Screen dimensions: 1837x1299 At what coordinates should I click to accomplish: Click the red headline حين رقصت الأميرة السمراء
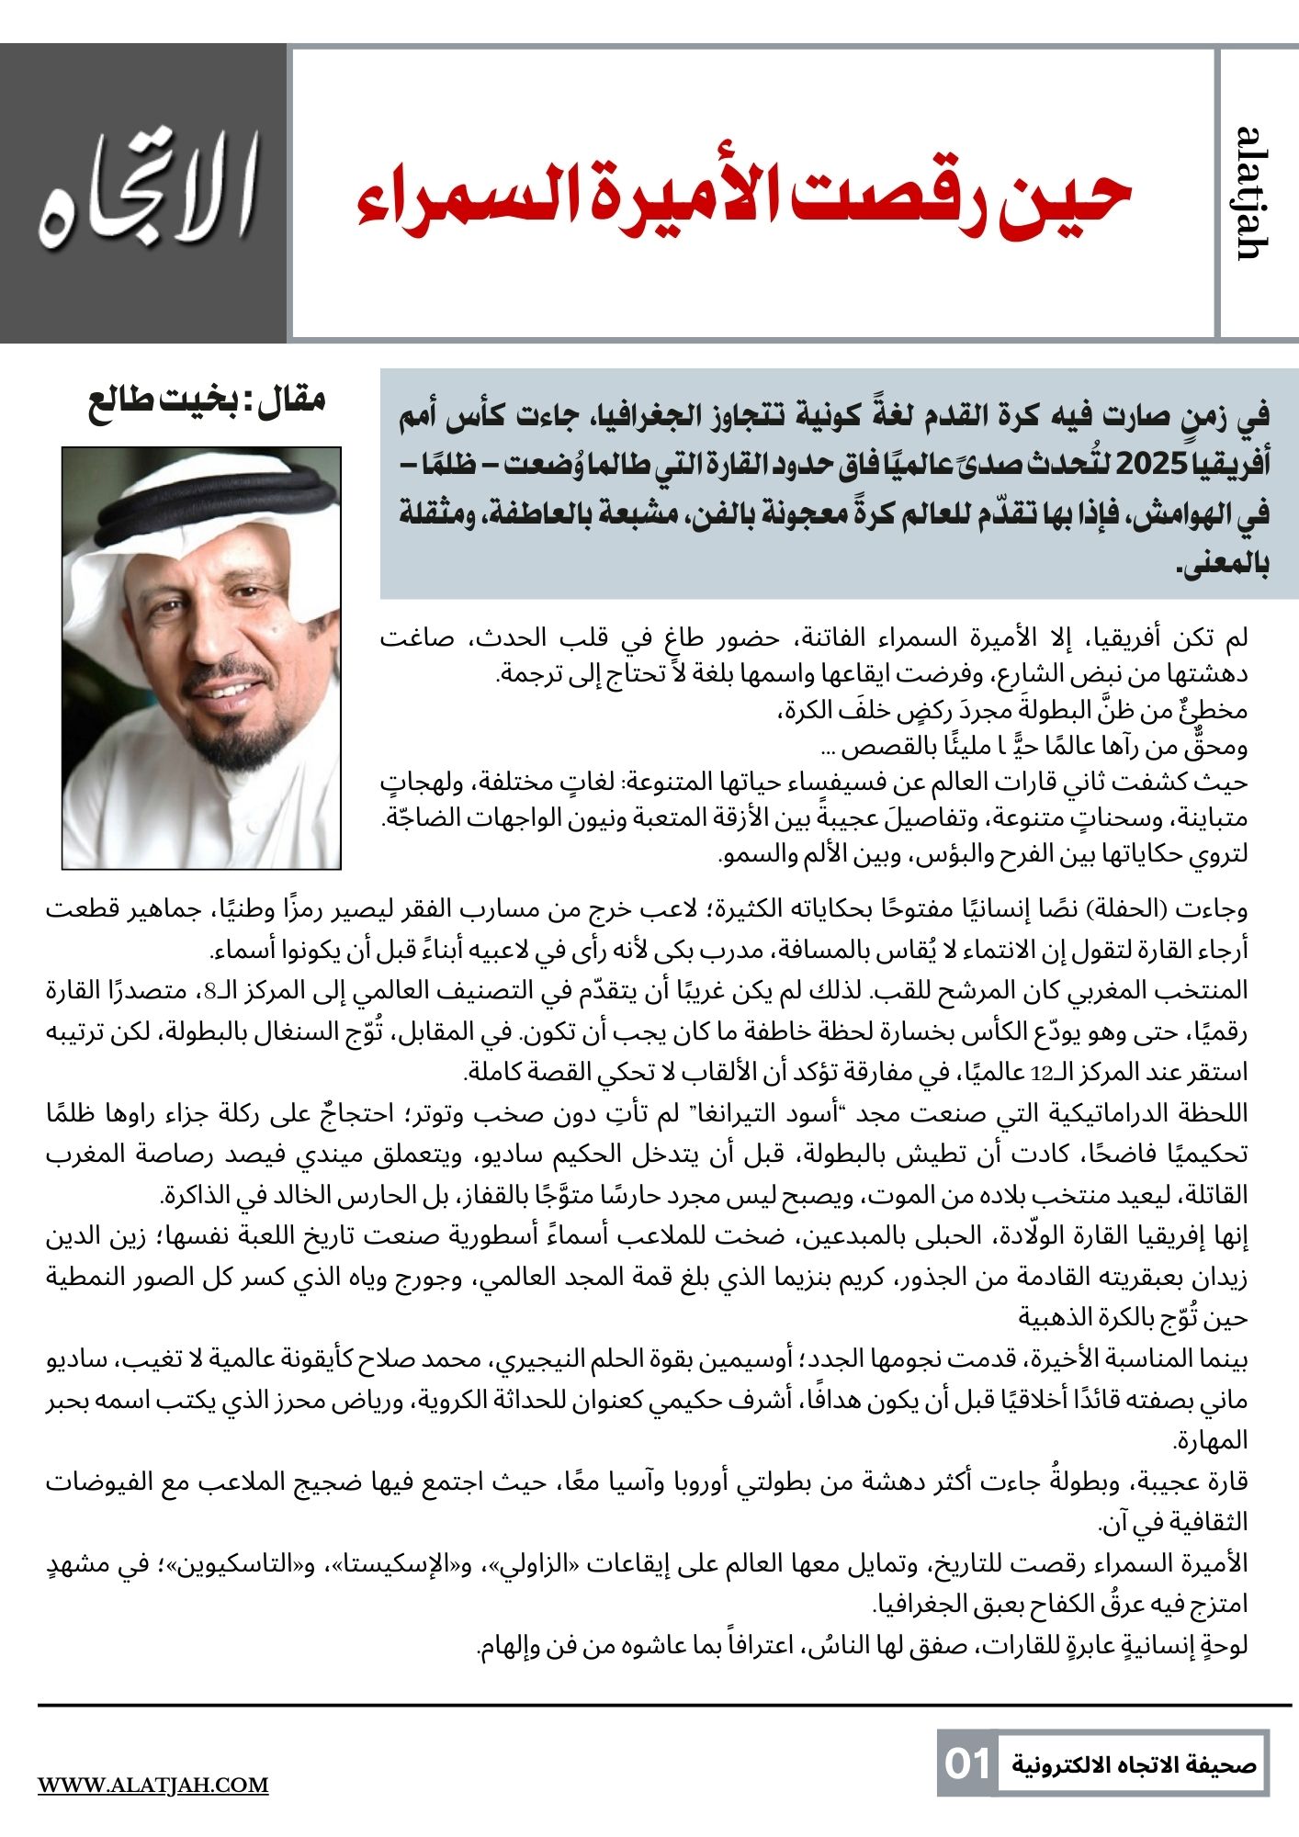(x=744, y=196)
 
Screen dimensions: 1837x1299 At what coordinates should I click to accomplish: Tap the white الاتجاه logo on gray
(x=145, y=193)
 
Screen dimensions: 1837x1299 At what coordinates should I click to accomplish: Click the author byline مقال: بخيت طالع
(x=208, y=401)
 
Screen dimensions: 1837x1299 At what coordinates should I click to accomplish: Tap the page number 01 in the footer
(x=967, y=1764)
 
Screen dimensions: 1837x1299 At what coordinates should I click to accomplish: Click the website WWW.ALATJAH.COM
(x=152, y=1785)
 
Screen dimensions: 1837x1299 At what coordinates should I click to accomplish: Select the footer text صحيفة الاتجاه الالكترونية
(x=1134, y=1764)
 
